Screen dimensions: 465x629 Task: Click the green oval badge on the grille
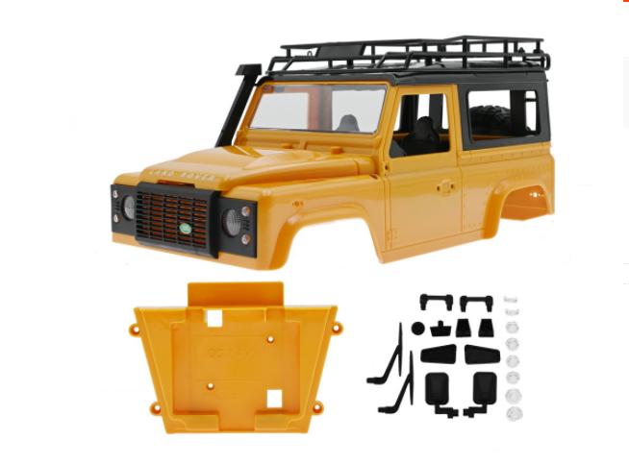click(x=185, y=229)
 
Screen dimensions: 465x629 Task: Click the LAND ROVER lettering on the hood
click(x=171, y=175)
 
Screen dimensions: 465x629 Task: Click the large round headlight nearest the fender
click(x=232, y=222)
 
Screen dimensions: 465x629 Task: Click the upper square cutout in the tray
click(x=214, y=318)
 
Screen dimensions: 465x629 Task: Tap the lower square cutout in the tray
click(x=274, y=398)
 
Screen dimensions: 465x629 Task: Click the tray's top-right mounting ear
click(x=337, y=329)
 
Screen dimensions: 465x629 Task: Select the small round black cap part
click(x=418, y=329)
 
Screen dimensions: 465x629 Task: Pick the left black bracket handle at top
click(x=436, y=302)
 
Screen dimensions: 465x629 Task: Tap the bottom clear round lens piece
click(x=514, y=414)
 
